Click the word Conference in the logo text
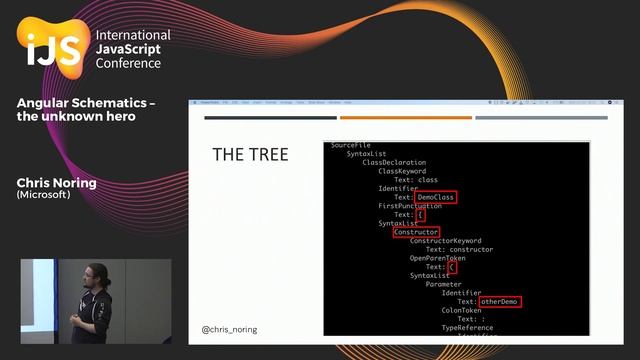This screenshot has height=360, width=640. tap(128, 63)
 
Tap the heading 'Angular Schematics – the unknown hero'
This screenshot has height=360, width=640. tap(86, 109)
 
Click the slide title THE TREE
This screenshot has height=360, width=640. tap(250, 155)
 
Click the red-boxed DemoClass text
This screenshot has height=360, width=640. tap(436, 197)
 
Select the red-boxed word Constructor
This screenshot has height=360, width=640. tap(416, 232)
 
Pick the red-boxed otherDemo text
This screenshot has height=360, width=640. tap(500, 301)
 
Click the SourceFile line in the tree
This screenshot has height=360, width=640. tap(351, 145)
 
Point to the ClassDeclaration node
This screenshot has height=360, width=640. tap(394, 162)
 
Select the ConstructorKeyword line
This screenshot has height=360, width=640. tap(445, 241)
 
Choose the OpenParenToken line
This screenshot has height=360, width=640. tap(438, 258)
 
